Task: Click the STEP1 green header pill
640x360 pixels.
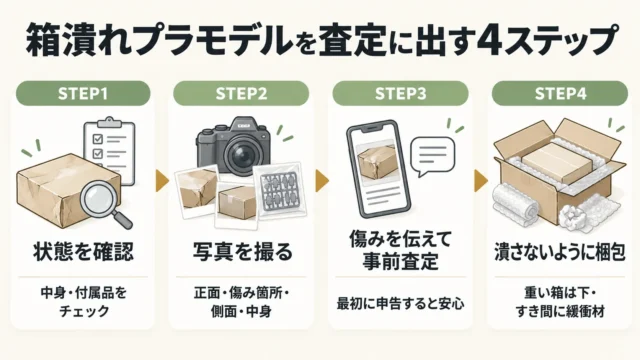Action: [83, 93]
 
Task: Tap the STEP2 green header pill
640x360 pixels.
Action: [241, 93]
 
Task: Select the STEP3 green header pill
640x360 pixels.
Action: [400, 93]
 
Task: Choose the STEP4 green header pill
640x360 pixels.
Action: [560, 93]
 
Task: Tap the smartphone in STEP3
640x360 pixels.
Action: [378, 169]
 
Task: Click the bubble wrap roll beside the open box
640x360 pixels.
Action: [516, 205]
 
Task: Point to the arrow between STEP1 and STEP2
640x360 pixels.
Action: [162, 180]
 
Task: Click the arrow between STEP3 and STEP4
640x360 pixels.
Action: [481, 180]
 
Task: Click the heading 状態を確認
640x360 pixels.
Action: [83, 251]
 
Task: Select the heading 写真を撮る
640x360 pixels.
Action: [242, 251]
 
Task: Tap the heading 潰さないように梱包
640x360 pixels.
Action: [560, 252]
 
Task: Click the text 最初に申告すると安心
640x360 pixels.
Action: [400, 304]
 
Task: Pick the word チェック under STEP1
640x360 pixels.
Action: [84, 311]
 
